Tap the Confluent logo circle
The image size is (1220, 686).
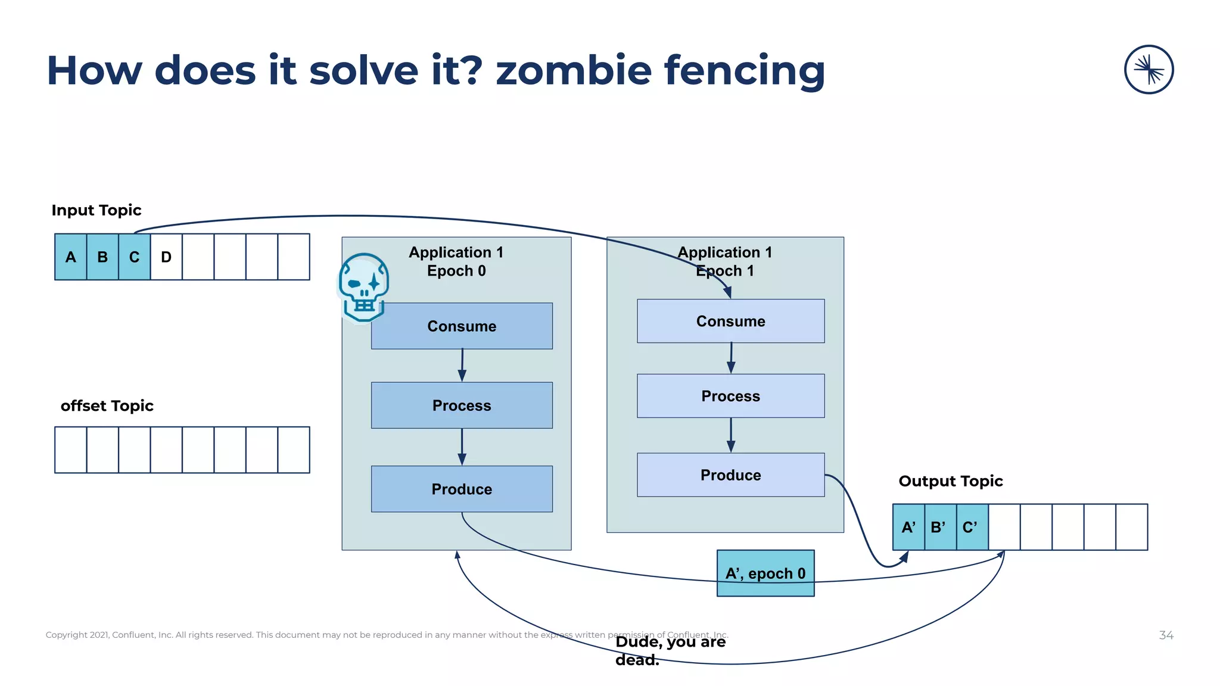coord(1149,70)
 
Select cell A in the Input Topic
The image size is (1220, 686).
coord(71,257)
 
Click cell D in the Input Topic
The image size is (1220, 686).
coord(166,257)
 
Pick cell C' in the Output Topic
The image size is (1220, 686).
coord(972,527)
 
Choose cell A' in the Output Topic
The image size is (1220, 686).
coord(908,527)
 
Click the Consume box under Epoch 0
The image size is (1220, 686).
coord(462,326)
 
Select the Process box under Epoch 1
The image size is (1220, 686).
coord(730,396)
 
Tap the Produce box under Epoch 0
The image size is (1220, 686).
coord(462,489)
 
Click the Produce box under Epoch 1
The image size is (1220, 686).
coord(730,475)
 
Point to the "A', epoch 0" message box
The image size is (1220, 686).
coord(765,573)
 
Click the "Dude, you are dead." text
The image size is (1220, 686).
coord(670,650)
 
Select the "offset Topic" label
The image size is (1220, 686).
coord(107,406)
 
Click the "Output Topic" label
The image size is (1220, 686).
coord(950,481)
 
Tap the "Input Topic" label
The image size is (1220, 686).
coord(97,210)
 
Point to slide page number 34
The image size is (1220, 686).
coord(1166,635)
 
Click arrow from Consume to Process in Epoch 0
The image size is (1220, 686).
coord(462,365)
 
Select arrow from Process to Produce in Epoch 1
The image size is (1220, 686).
coord(730,435)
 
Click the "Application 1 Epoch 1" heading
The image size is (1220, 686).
coord(724,261)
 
